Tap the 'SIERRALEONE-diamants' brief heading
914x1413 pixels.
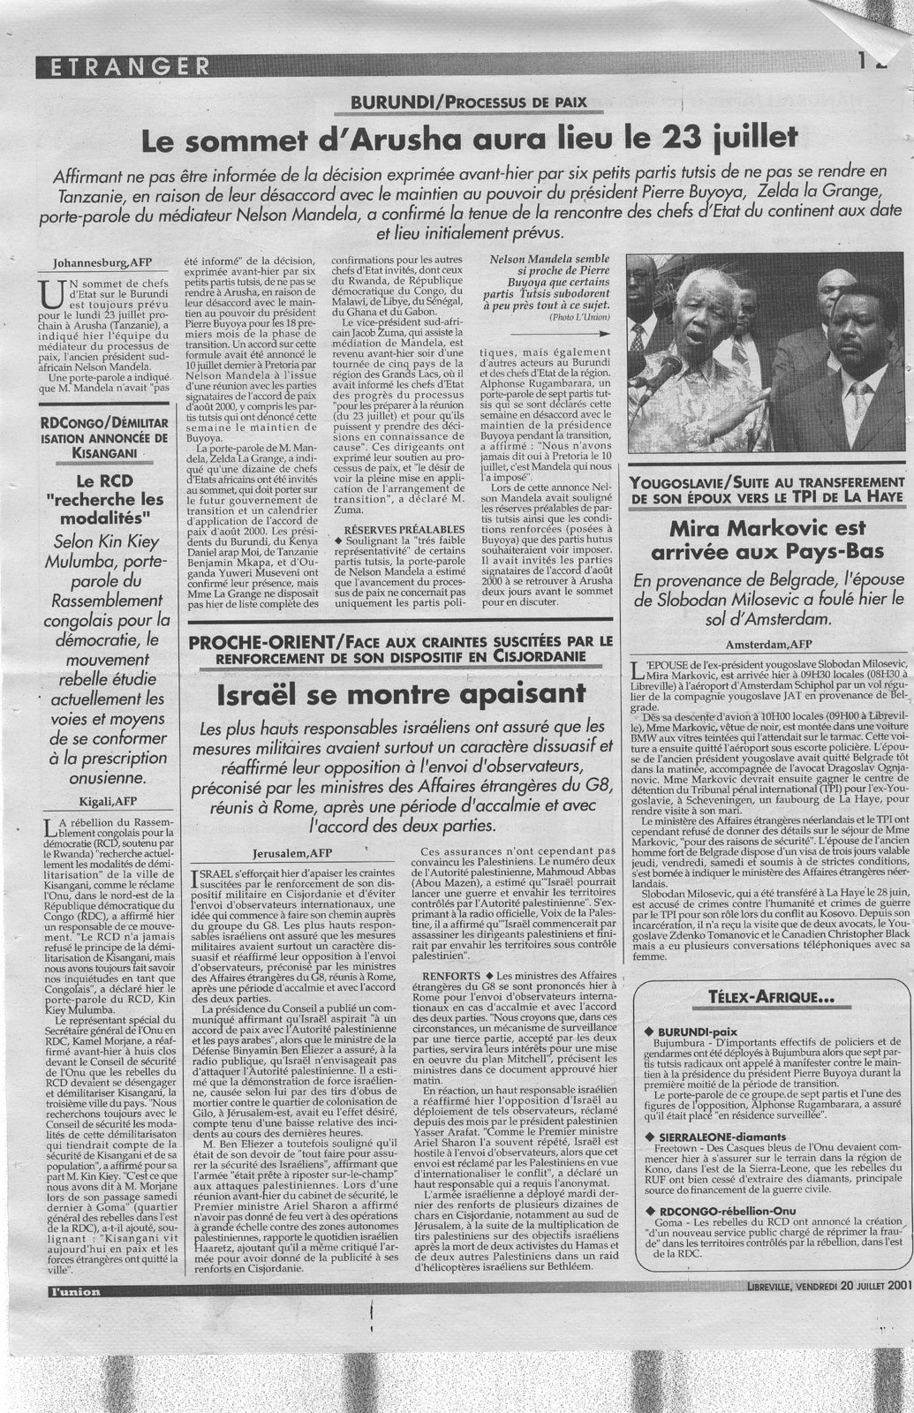(x=721, y=1133)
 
